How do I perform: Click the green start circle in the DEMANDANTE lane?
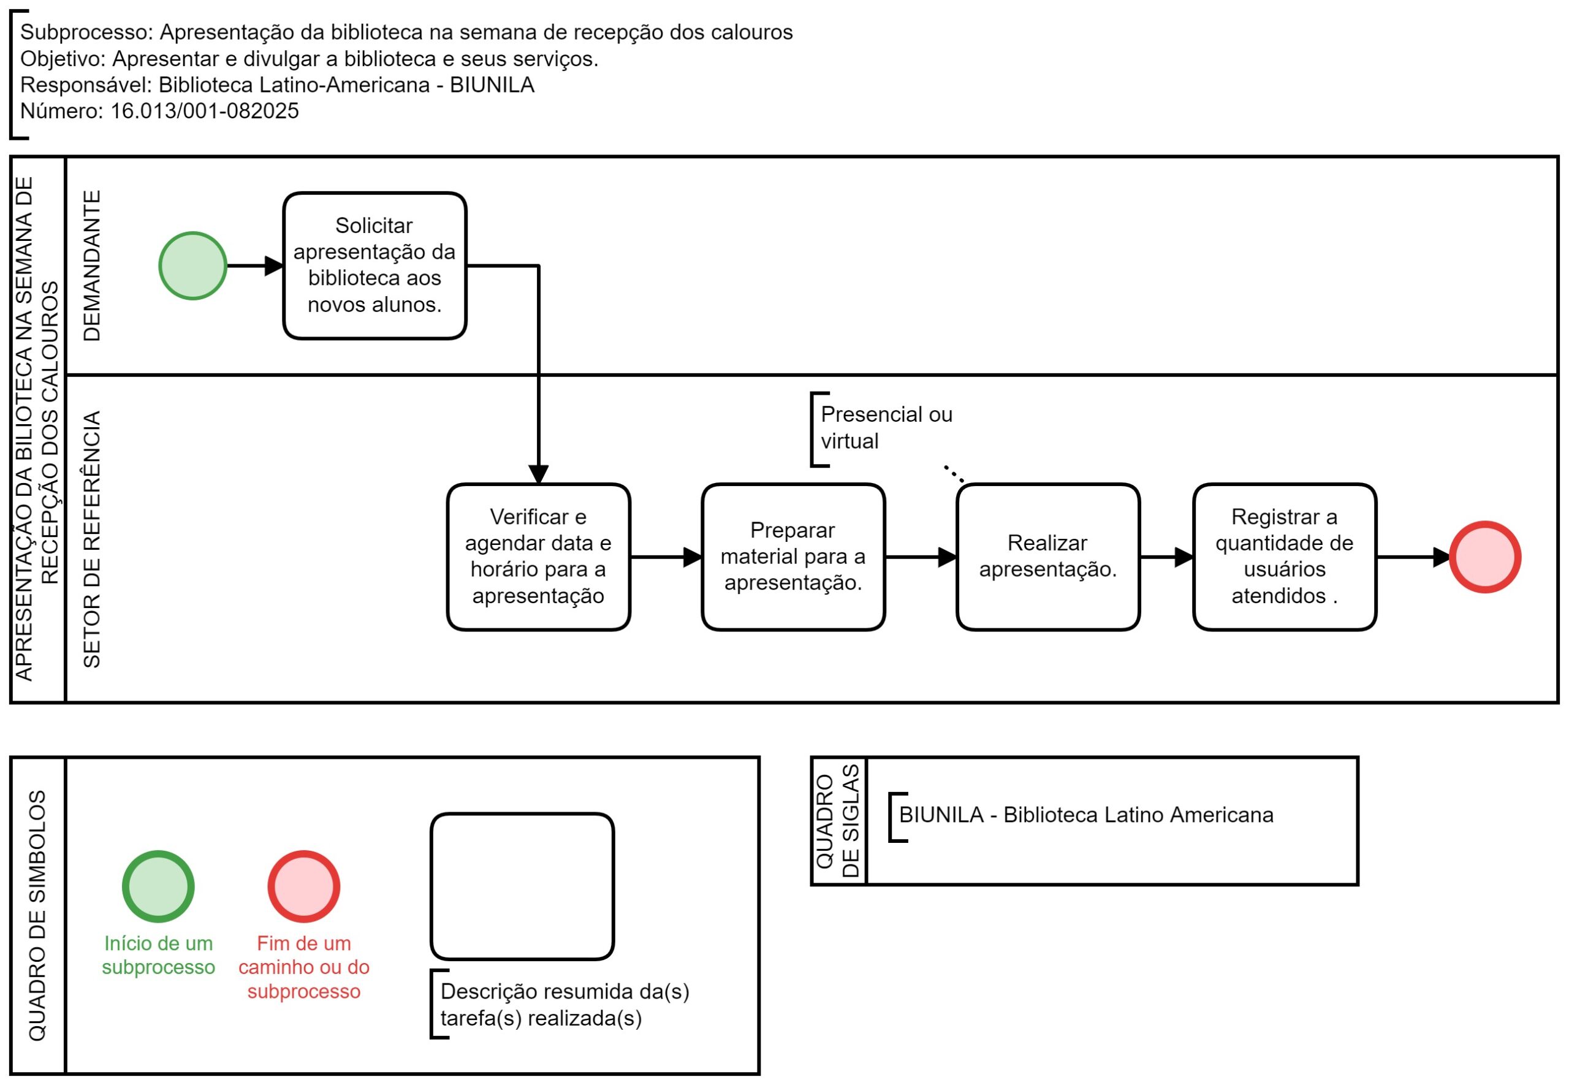tap(192, 266)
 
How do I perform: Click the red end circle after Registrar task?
tap(1486, 557)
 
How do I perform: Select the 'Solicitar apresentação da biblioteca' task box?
tap(374, 266)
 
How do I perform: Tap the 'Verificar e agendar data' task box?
tap(538, 557)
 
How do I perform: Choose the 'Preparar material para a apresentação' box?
tap(793, 557)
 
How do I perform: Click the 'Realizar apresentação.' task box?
tap(1048, 557)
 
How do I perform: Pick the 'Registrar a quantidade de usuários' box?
tap(1284, 557)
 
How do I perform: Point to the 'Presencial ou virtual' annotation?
tap(886, 428)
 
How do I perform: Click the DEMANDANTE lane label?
tap(92, 265)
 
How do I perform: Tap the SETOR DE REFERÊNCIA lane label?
tap(92, 539)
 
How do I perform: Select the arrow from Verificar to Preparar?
tap(666, 557)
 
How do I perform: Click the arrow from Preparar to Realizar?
tap(921, 557)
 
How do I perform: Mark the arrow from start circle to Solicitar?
tap(255, 266)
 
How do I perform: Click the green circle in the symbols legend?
tap(158, 886)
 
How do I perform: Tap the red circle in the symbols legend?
tap(304, 886)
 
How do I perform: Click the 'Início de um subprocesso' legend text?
tap(158, 955)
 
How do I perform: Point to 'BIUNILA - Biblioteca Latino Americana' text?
tap(1086, 815)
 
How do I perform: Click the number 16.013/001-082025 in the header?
tap(205, 111)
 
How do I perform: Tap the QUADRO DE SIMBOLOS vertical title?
tap(37, 916)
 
